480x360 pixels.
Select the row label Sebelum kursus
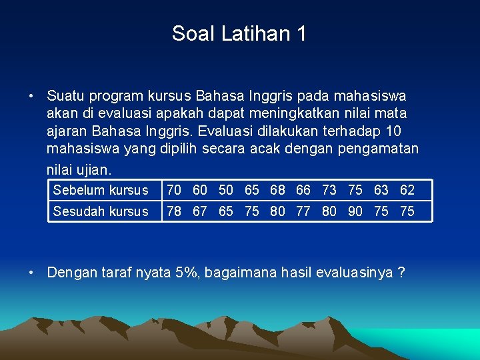101,190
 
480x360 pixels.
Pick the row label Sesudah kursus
101,211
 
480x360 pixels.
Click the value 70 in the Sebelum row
174,190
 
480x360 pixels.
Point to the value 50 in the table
226,190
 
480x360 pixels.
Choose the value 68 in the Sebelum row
277,190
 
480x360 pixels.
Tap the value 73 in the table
329,190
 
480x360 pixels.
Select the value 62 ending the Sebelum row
407,190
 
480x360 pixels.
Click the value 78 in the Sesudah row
174,211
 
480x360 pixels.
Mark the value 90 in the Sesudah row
355,211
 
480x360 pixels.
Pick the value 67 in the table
200,211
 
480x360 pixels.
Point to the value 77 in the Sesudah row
303,211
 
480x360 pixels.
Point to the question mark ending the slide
401,272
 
